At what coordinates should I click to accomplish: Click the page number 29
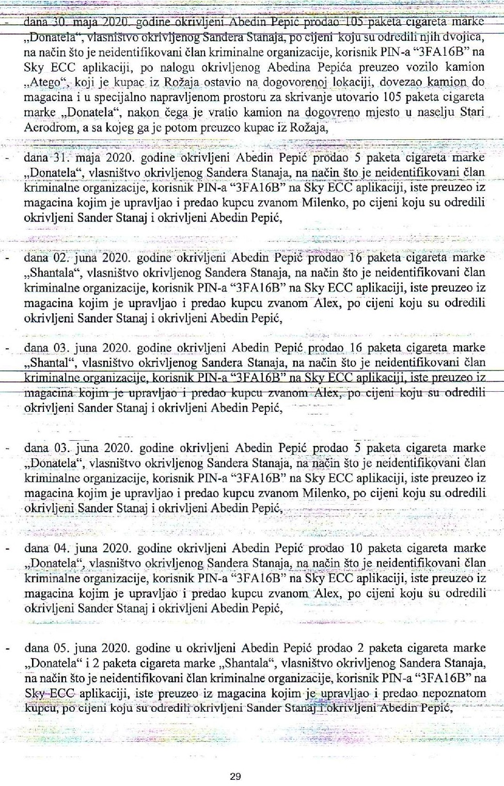[x=235, y=776]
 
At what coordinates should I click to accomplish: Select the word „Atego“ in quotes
[x=46, y=83]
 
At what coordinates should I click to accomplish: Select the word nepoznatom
[x=454, y=693]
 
